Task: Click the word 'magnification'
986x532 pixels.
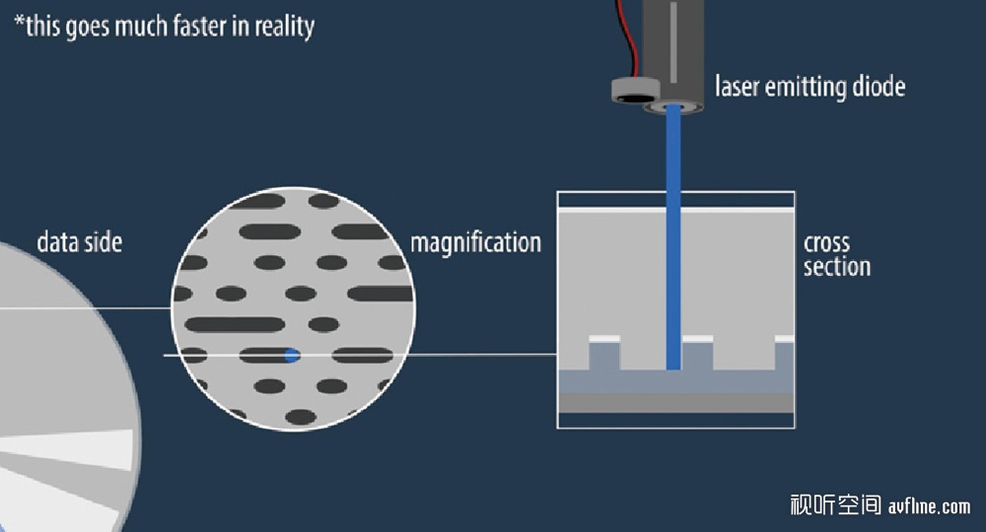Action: (475, 242)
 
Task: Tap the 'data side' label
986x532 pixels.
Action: (79, 242)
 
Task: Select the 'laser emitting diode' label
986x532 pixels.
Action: (810, 87)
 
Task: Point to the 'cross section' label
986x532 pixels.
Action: (836, 255)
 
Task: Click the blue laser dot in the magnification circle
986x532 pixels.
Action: (291, 355)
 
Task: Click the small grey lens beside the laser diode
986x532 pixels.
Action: (634, 91)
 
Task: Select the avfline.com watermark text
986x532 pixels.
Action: (929, 506)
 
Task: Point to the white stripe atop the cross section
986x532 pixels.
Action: (675, 210)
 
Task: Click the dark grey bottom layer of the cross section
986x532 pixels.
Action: (675, 403)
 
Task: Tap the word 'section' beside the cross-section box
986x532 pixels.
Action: (837, 267)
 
